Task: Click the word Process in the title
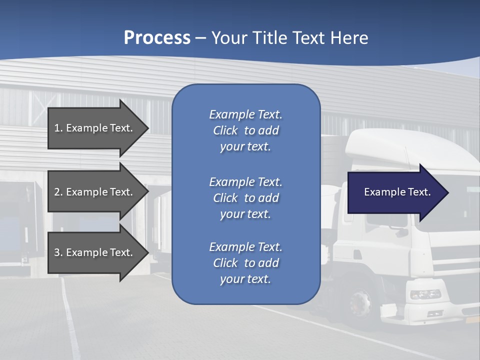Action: [x=157, y=38]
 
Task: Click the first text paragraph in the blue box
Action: [x=245, y=130]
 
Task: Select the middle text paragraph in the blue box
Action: [x=245, y=198]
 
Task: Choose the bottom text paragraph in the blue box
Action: [x=245, y=263]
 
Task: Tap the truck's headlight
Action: [x=425, y=294]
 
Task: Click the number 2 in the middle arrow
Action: [x=57, y=192]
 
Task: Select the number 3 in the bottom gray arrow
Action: [x=57, y=252]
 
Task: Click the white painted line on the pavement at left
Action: [x=70, y=320]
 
